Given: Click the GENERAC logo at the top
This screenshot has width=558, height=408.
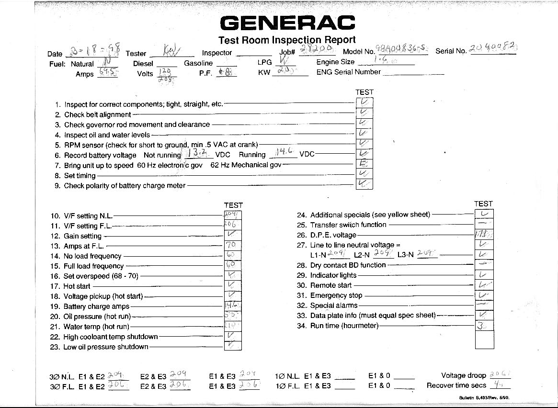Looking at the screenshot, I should click(287, 23).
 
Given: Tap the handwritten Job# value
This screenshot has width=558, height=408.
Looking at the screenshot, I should click(316, 50).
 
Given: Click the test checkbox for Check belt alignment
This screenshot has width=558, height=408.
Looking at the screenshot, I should click(364, 113).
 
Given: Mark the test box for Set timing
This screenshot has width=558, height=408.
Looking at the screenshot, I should click(364, 174).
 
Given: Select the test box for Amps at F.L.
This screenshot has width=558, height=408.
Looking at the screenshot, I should click(233, 245).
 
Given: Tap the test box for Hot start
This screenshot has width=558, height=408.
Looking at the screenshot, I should click(233, 285).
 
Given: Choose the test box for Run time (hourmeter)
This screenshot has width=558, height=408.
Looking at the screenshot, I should click(484, 326).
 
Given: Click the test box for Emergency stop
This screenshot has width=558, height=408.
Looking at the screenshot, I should click(484, 295).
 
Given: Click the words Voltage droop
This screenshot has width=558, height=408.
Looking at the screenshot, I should click(463, 376).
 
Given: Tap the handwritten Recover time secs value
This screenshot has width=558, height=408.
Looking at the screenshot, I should click(499, 384).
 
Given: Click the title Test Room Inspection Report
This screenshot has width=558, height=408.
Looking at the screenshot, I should click(287, 40).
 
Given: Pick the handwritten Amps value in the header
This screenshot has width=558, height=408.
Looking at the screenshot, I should click(107, 72).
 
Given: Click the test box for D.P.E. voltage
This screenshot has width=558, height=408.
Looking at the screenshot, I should click(484, 235).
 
